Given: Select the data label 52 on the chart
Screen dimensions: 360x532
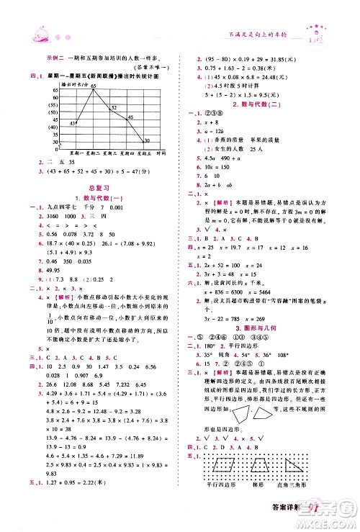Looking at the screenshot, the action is point(114,107).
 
